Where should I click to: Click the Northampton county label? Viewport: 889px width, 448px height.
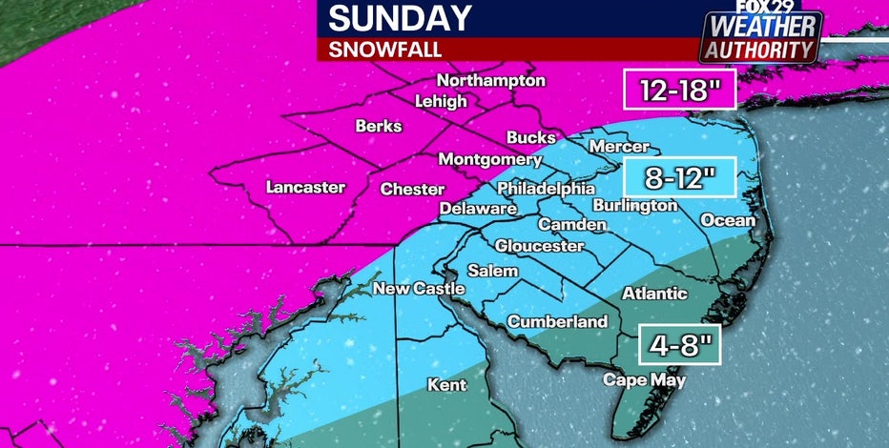coord(490,81)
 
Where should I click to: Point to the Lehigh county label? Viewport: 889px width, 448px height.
coord(441,101)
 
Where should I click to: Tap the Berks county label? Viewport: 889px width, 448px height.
coord(379,126)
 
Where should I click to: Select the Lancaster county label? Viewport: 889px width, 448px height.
coord(305,188)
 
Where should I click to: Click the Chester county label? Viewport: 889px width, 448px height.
coord(412,189)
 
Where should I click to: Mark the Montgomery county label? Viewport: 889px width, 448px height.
coord(490,159)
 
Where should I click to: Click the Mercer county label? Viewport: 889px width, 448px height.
coord(619,147)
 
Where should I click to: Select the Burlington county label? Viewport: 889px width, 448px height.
coord(634,205)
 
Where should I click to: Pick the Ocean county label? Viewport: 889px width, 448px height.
coord(728,220)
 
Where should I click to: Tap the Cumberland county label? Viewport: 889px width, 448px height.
coord(557,322)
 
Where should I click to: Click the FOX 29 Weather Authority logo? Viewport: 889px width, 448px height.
coord(760,36)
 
